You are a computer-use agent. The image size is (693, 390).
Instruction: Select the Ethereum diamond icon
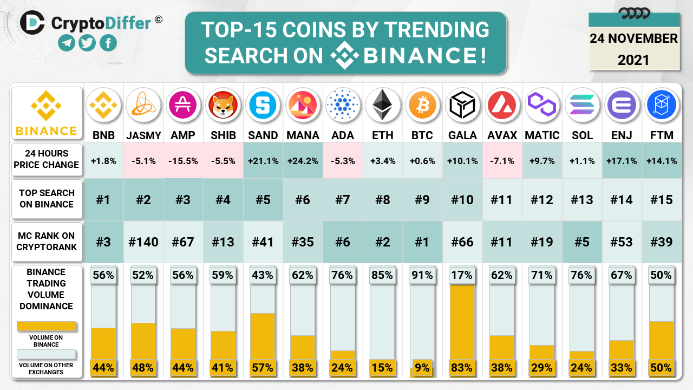click(382, 105)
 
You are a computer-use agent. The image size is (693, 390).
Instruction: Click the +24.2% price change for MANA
click(303, 160)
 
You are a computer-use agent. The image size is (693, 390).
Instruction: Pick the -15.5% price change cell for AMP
click(183, 160)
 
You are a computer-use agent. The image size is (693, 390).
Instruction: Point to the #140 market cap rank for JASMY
click(143, 242)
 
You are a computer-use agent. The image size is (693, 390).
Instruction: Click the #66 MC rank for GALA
click(462, 242)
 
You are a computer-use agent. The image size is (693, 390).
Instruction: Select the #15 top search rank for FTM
click(661, 200)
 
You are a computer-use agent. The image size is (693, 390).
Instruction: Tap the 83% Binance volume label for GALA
click(462, 368)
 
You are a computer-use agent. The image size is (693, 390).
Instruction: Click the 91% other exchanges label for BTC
click(422, 275)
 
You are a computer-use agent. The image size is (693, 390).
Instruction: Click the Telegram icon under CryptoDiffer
click(67, 43)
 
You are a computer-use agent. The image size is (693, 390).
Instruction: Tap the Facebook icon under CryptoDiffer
click(108, 43)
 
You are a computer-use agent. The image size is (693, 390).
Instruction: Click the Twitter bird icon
click(87, 43)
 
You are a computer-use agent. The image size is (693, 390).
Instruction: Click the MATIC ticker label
click(542, 135)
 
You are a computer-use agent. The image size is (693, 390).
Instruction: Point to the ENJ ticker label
click(622, 135)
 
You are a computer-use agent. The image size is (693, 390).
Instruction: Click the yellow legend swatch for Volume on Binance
click(46, 326)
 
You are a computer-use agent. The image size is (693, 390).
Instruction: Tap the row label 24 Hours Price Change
click(47, 159)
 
